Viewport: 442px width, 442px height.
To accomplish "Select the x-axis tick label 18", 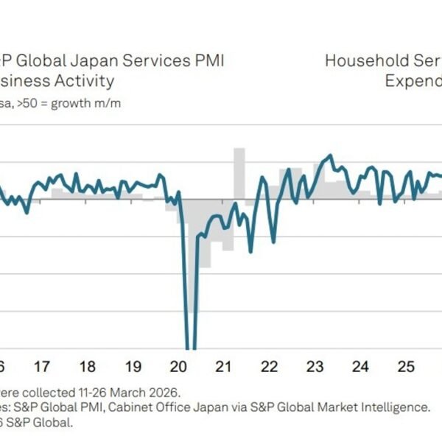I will click(x=87, y=366).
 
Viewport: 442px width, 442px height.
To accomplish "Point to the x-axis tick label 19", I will click(x=133, y=366).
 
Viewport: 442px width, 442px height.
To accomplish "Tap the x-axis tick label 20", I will click(x=178, y=366).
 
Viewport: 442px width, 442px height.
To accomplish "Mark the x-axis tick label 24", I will click(x=360, y=366).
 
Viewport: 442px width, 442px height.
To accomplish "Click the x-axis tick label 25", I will click(x=405, y=366).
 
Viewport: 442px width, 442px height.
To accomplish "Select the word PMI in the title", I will click(x=209, y=60).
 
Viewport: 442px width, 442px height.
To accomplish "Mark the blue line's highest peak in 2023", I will click(x=329, y=155).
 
